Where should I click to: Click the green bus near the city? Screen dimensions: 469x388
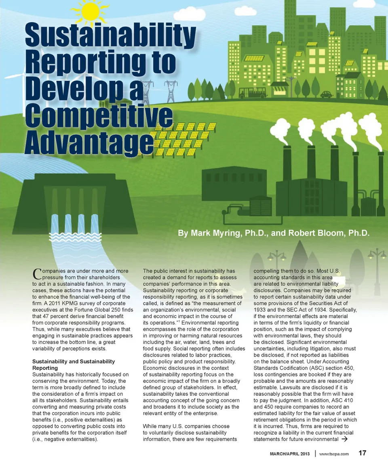click(252, 93)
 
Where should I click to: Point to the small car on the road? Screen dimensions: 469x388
click(326, 94)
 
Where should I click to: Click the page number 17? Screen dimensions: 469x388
click(363, 453)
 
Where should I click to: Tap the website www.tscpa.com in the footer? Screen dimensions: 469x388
click(334, 454)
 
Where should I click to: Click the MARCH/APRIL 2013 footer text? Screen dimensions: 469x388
click(290, 454)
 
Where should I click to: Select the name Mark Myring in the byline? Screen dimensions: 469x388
click(217, 233)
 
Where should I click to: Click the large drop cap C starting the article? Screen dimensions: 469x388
click(36, 274)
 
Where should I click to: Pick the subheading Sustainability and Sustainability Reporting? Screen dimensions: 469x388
click(73, 364)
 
